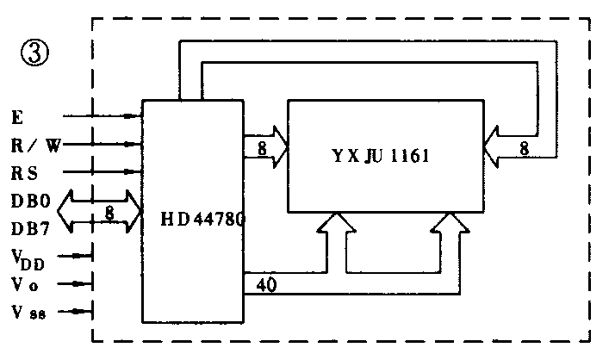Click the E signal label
point(19,115)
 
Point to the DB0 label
point(31,204)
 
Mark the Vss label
point(29,311)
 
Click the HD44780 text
point(204,220)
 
